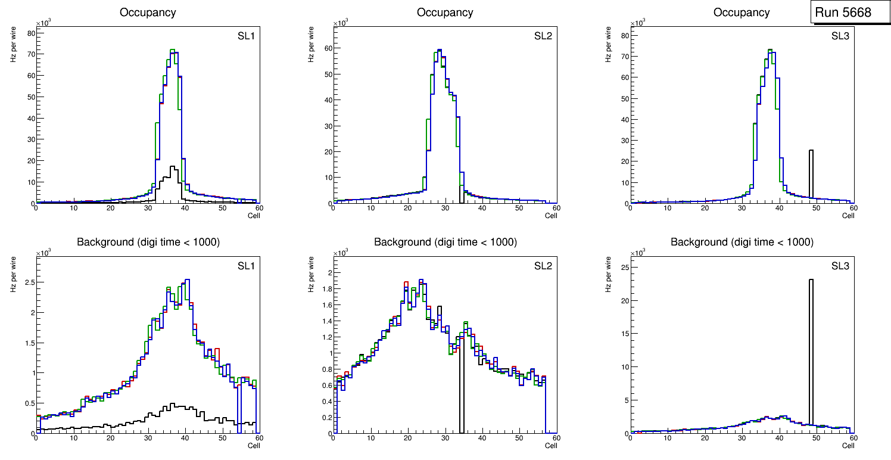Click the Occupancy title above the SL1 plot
click(x=148, y=13)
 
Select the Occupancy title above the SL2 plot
click(x=445, y=13)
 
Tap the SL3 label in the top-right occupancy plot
click(x=840, y=36)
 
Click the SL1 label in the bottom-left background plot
click(x=246, y=266)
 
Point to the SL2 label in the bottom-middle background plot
click(x=543, y=266)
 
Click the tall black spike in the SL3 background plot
click(x=811, y=352)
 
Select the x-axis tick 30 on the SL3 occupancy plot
click(x=742, y=208)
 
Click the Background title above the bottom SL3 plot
click(x=742, y=242)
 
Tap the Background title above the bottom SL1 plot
click(x=148, y=242)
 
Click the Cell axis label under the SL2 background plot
click(x=551, y=446)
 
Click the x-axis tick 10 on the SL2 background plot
click(x=370, y=439)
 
